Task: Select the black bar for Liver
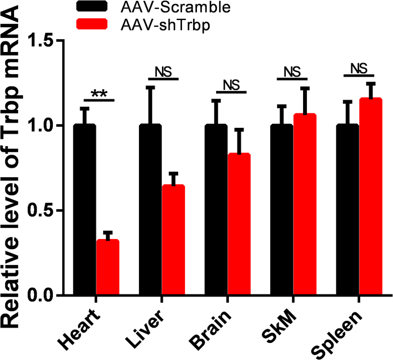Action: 151,209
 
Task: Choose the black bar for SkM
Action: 282,209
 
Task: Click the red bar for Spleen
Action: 371,196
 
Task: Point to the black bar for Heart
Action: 84,209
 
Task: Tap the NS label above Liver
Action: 163,72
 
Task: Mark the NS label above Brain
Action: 231,85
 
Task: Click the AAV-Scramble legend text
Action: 162,7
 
